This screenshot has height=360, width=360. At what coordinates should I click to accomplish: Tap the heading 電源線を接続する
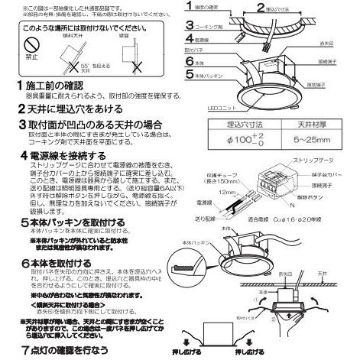tap(62, 155)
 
